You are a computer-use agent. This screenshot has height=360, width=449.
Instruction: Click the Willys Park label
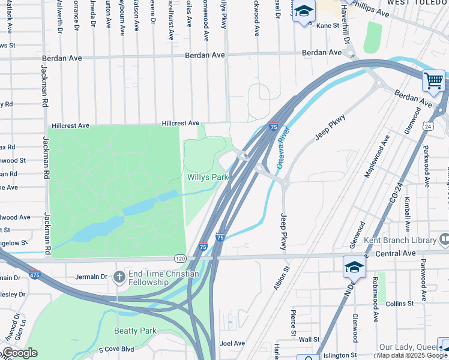click(x=208, y=178)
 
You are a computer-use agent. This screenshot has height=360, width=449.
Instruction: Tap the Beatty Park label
click(x=136, y=331)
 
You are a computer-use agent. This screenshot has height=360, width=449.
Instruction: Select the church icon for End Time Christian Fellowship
click(x=119, y=277)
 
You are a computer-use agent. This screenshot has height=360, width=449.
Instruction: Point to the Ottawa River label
click(x=283, y=147)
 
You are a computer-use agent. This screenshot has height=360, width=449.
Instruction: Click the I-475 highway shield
click(x=34, y=274)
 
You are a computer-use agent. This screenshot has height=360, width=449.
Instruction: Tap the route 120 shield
click(x=180, y=258)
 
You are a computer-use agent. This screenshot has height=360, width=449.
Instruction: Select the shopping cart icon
click(x=433, y=80)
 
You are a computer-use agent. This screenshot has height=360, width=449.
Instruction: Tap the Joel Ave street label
click(x=232, y=343)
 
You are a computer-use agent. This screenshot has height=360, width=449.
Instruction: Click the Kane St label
click(x=328, y=26)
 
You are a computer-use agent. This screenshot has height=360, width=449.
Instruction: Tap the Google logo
click(x=20, y=353)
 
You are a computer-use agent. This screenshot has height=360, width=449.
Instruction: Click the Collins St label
click(x=400, y=304)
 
